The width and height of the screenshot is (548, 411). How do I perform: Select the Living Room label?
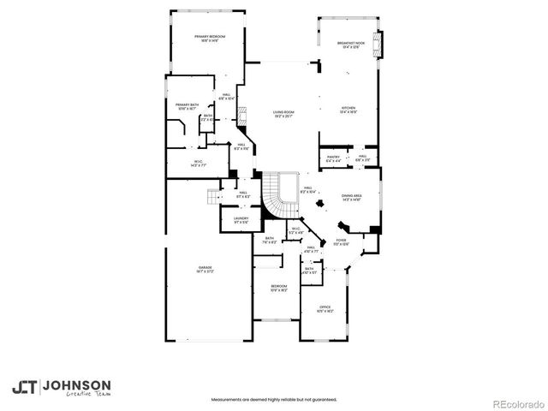tap(283, 114)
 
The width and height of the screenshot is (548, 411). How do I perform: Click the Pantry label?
tap(333, 158)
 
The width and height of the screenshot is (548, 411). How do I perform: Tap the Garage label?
tap(205, 270)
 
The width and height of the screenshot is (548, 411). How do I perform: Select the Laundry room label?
tap(241, 220)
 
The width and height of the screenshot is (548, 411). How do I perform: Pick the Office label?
tap(325, 308)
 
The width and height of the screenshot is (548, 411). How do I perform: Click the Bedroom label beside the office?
tap(279, 288)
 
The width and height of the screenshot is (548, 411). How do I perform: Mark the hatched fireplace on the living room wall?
tap(242, 117)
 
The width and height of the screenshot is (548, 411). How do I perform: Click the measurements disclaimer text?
tap(273, 399)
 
